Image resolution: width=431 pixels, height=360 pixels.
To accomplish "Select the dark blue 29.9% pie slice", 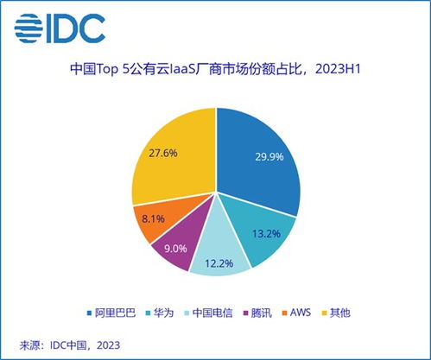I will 259,164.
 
